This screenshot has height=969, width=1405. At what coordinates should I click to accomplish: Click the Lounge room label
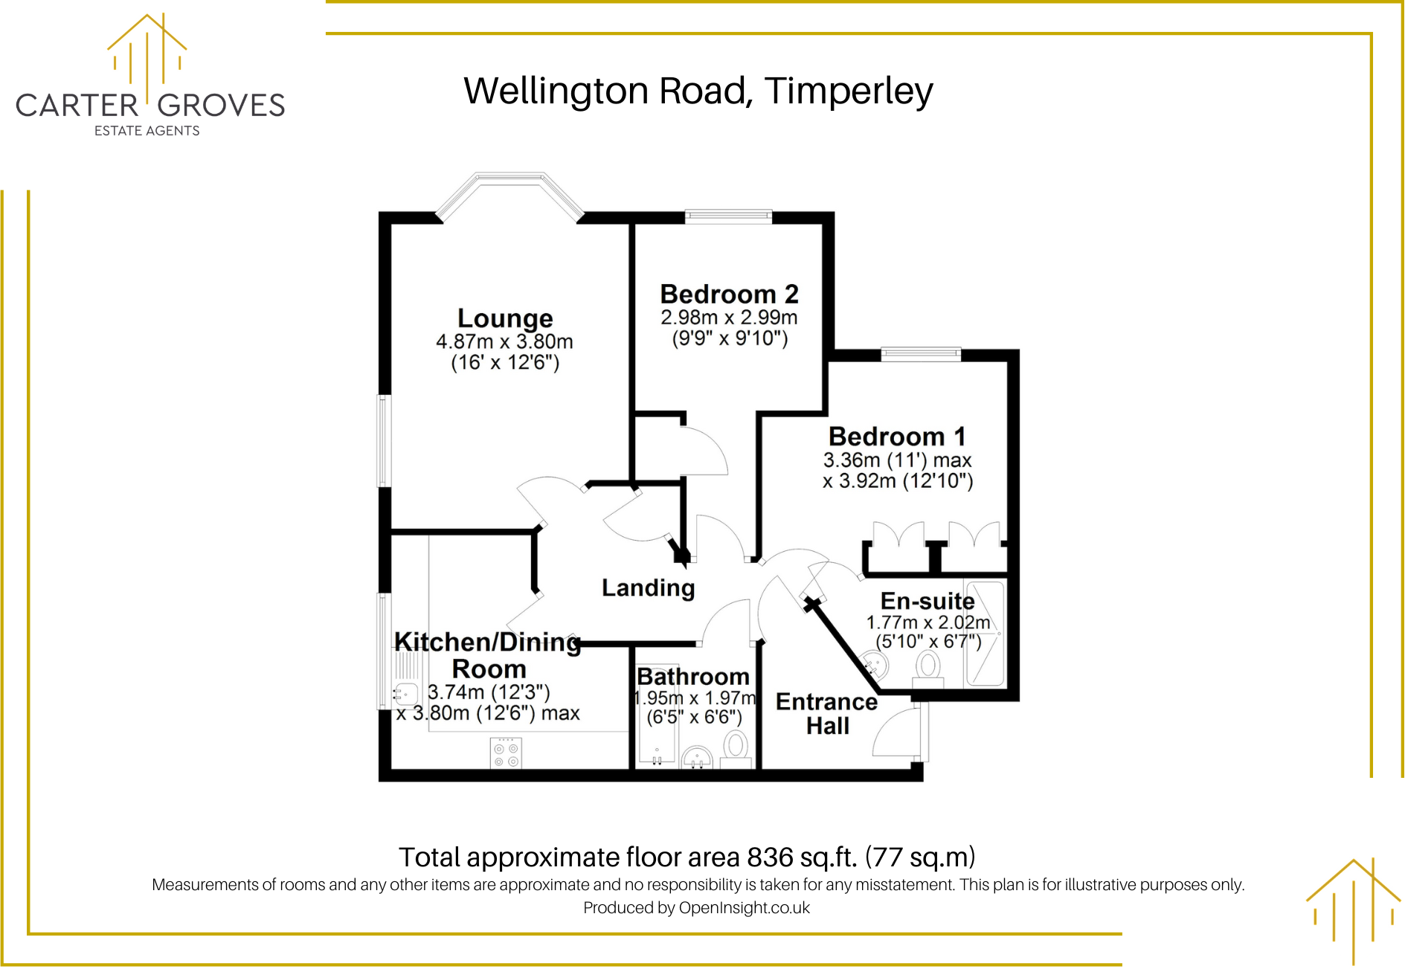point(505,318)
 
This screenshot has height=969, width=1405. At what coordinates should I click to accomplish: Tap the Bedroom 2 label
point(729,294)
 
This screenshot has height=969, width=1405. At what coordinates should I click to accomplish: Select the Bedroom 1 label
point(897,437)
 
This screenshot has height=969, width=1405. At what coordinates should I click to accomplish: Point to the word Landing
point(648,588)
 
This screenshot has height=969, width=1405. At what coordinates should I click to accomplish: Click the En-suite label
point(927,601)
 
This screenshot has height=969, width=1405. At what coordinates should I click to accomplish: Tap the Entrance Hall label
point(826,713)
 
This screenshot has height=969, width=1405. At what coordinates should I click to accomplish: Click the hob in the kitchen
point(506,753)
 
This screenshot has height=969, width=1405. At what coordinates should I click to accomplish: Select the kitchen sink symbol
point(405,694)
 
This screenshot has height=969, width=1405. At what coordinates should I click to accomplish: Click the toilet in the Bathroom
point(736,746)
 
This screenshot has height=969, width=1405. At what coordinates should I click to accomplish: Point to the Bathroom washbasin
point(697,757)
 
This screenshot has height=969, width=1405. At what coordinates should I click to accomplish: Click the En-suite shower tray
point(984,634)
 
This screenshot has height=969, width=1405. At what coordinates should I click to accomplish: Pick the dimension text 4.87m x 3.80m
point(504,342)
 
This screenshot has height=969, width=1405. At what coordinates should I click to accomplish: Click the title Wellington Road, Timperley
point(698,91)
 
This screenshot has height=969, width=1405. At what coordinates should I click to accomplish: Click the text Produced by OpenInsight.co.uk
point(696,908)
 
